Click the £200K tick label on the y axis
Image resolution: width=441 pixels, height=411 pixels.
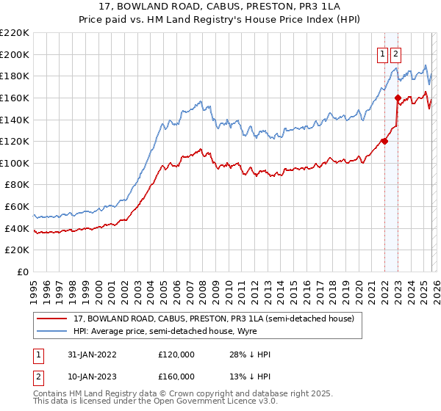(15, 54)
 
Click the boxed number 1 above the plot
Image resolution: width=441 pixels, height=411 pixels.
(384, 53)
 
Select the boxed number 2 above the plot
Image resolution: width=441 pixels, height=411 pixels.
(396, 53)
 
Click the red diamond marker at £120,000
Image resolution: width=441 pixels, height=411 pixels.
(384, 142)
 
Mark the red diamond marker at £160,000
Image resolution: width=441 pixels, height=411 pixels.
(397, 98)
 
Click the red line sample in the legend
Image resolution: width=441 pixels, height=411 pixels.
(53, 319)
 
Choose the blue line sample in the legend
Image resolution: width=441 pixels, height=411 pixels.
(53, 331)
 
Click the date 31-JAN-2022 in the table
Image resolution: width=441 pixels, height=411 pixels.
(90, 354)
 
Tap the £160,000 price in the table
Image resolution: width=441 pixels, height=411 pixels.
(176, 376)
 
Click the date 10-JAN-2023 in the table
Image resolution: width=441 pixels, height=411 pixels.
(90, 376)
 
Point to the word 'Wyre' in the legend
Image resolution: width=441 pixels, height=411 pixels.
(245, 331)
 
